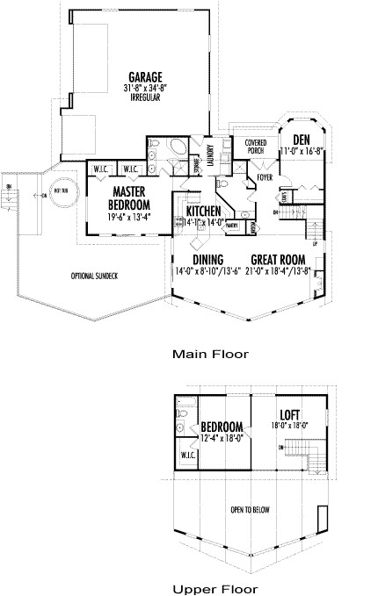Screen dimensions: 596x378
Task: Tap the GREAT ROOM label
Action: pyautogui.click(x=278, y=259)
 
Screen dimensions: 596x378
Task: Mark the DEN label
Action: pyautogui.click(x=302, y=140)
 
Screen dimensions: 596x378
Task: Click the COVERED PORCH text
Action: pyautogui.click(x=256, y=145)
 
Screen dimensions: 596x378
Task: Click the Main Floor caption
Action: pyautogui.click(x=210, y=355)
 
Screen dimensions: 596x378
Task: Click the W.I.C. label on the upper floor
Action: pyautogui.click(x=187, y=456)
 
